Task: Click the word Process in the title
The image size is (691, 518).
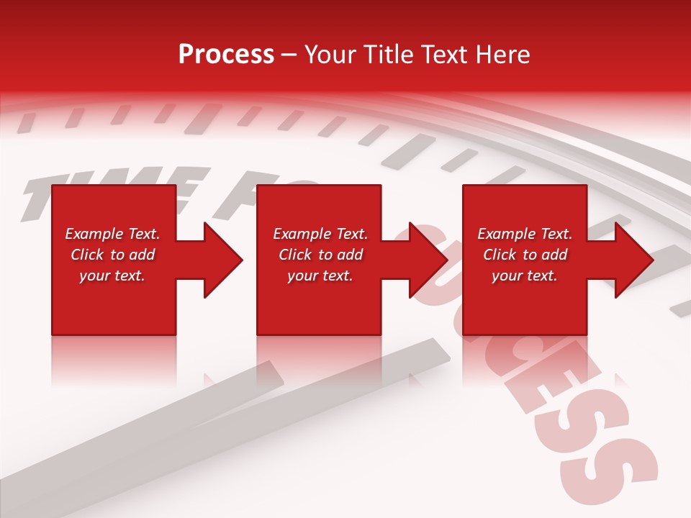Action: click(226, 55)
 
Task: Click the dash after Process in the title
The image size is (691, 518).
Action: click(289, 55)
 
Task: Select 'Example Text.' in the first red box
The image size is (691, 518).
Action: click(112, 234)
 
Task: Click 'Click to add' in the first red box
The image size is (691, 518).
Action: click(112, 255)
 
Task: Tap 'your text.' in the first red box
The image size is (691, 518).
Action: click(112, 276)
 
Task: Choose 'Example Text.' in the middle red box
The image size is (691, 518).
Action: click(320, 234)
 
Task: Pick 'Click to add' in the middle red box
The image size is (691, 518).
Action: click(320, 255)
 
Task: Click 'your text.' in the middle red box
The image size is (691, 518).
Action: click(320, 276)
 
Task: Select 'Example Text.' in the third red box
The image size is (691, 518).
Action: click(525, 234)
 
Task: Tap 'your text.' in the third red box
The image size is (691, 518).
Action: click(525, 276)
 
